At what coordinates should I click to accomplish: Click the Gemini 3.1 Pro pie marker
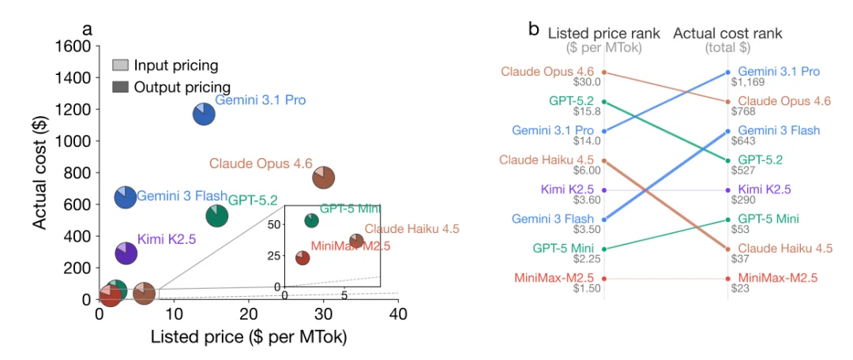click(204, 114)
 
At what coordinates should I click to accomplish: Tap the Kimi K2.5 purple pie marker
click(126, 253)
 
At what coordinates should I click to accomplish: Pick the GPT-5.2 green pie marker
click(217, 214)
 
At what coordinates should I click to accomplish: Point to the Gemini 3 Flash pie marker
click(126, 197)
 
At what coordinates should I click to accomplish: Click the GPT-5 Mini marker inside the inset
click(312, 220)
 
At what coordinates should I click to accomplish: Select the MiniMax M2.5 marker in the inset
click(302, 258)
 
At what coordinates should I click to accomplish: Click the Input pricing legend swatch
click(121, 66)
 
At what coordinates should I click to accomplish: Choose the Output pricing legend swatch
click(121, 86)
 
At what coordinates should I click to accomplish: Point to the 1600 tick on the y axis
click(73, 46)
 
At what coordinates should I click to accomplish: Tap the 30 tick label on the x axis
click(323, 313)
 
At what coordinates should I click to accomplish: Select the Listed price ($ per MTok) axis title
click(249, 337)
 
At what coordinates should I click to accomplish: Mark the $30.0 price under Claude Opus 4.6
click(588, 82)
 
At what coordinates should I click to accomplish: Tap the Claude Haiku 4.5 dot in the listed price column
click(604, 160)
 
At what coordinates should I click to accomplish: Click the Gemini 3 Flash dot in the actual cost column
click(727, 131)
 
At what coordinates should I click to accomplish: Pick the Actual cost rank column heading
click(727, 33)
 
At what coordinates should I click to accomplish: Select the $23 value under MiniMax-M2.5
click(741, 289)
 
